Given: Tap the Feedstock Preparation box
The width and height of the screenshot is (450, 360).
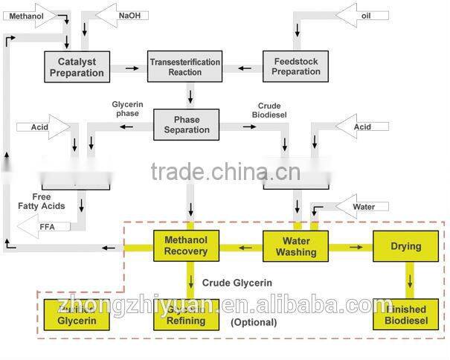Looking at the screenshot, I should (295, 65).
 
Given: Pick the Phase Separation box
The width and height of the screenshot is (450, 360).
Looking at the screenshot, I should (186, 124).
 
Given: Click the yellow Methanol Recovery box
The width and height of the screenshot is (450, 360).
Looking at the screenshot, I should (186, 245).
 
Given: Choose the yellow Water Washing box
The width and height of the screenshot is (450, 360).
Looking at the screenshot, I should (295, 245).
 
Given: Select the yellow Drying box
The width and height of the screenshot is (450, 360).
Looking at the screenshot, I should (405, 246).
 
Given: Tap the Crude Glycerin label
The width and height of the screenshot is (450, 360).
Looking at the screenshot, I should (237, 283).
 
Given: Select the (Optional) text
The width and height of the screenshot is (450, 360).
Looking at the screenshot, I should (253, 323).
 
